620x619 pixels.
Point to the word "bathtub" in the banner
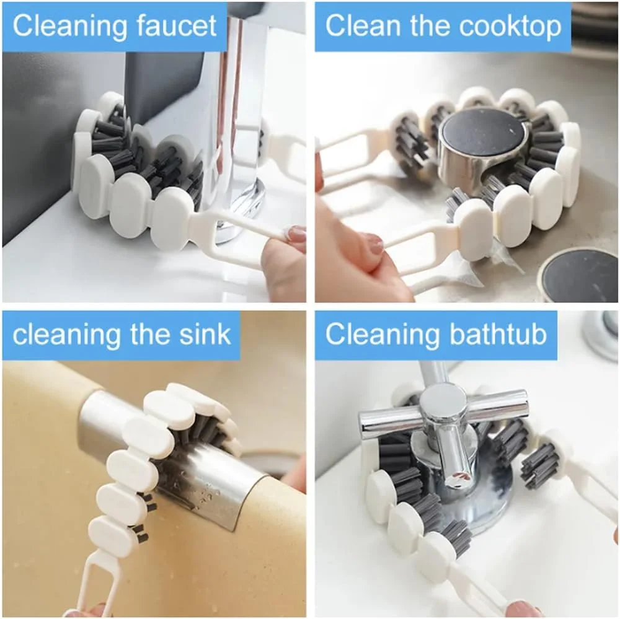[x=498, y=334]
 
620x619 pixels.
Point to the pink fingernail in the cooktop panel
[x=373, y=244]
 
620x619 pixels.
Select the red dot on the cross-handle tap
[x=458, y=476]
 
